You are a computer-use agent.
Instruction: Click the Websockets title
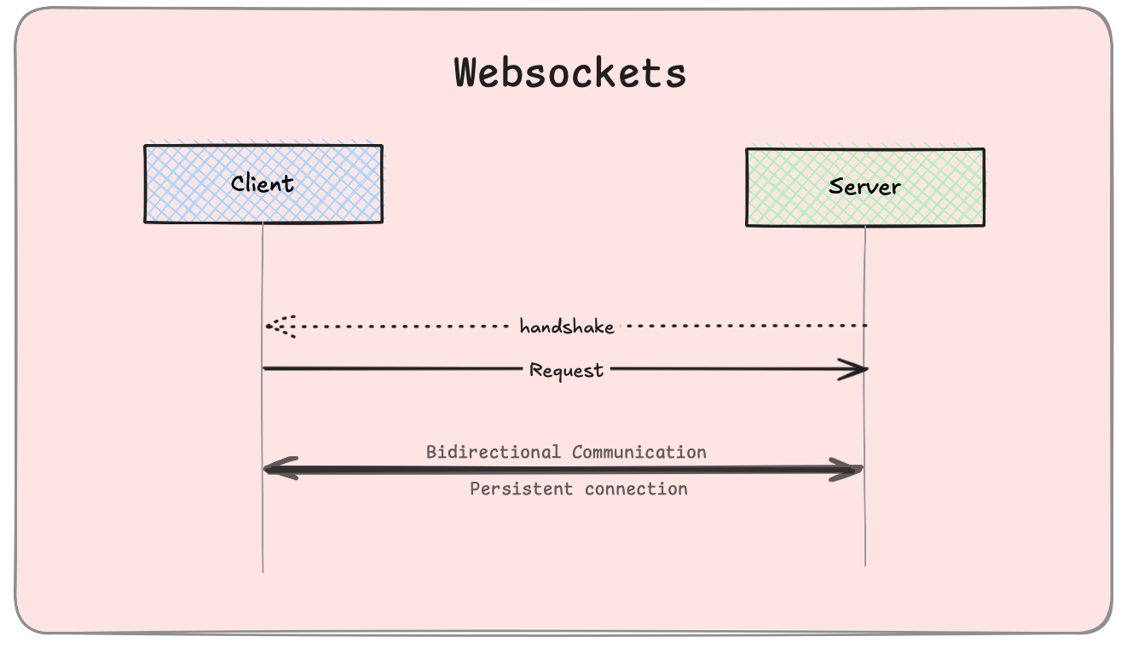pos(570,73)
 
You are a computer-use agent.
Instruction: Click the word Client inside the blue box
pos(263,183)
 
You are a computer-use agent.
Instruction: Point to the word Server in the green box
pos(864,187)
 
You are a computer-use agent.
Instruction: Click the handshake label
pos(567,327)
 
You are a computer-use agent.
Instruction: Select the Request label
pos(567,370)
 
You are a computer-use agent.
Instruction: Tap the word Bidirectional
pos(494,452)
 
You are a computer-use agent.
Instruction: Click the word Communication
pos(639,452)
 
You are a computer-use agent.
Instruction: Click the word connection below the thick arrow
pos(636,489)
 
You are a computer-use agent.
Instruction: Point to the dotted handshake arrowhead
pos(275,326)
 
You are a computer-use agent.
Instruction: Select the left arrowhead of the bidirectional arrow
pos(276,469)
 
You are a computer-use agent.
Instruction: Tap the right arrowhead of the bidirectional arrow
pos(849,470)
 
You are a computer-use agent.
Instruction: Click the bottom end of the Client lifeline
pos(263,570)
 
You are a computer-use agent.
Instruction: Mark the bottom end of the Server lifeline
pos(865,564)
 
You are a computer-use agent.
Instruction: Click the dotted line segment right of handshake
pos(742,326)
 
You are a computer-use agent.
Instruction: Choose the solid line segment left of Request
pos(392,368)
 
